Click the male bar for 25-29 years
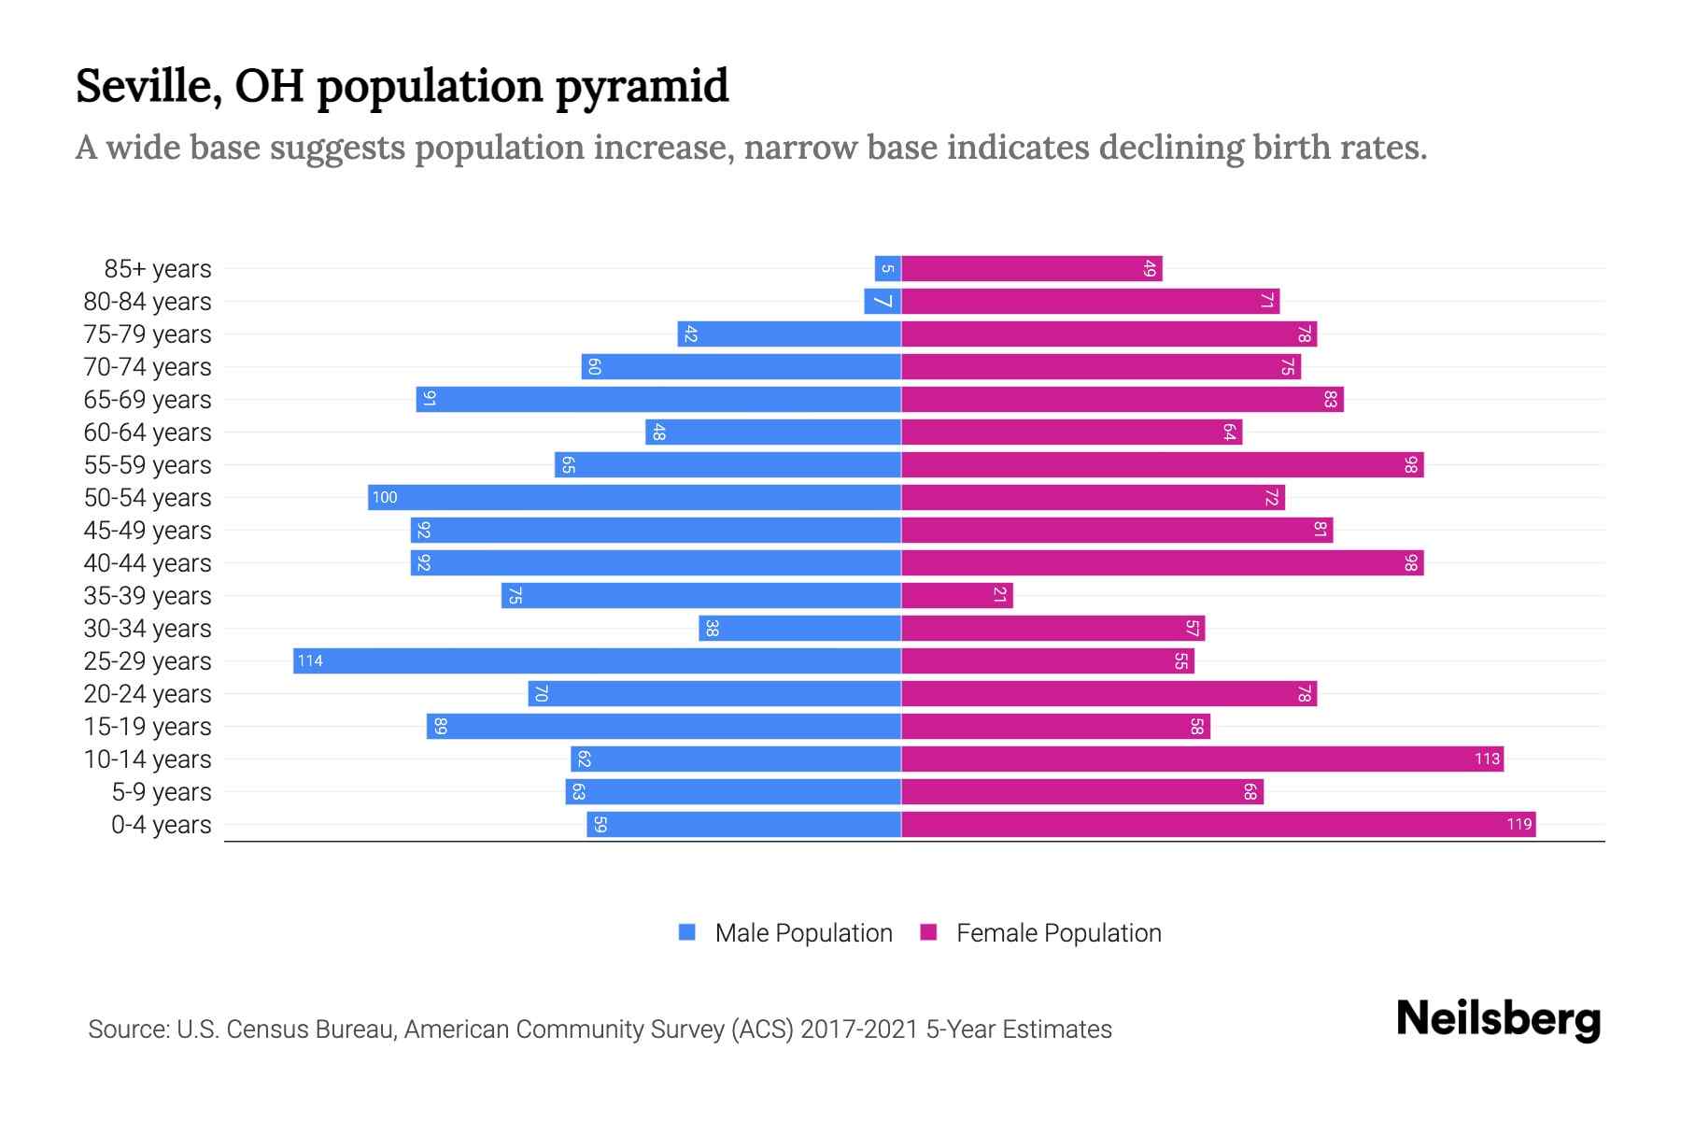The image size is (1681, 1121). [x=598, y=661]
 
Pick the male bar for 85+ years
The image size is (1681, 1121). [x=887, y=269]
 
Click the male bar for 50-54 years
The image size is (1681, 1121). [x=635, y=498]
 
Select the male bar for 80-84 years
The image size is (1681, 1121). [x=882, y=302]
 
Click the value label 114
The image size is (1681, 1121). [x=310, y=661]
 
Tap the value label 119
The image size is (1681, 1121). [x=1519, y=825]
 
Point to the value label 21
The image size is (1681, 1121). [x=999, y=596]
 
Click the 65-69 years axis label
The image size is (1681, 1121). [x=148, y=400]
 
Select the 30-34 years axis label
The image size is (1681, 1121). [x=148, y=629]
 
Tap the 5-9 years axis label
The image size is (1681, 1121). [x=161, y=792]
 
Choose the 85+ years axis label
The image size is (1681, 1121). [x=157, y=269]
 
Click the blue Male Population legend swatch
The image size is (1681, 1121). [x=687, y=932]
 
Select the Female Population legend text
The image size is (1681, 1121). [x=1058, y=933]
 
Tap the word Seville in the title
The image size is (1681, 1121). [x=148, y=86]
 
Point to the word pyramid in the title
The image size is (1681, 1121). [x=642, y=88]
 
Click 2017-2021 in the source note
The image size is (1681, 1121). [x=858, y=1029]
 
